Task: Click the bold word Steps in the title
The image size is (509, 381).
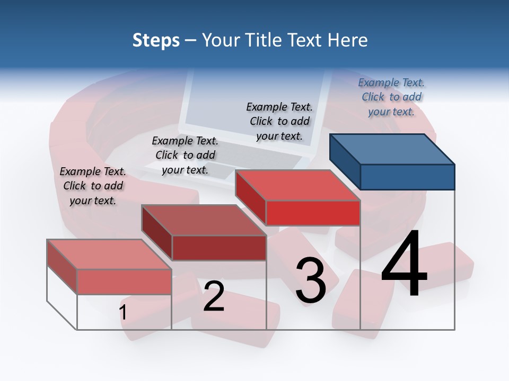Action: tap(156, 40)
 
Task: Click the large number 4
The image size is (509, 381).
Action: tap(405, 264)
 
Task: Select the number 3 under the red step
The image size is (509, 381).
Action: tap(311, 280)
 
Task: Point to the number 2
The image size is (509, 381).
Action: tap(214, 296)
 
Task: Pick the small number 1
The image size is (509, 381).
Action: tap(123, 313)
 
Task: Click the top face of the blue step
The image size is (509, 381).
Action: tap(392, 149)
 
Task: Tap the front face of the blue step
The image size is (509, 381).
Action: tap(407, 177)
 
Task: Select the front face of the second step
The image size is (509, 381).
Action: tap(219, 248)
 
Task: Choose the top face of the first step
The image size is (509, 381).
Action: tap(109, 254)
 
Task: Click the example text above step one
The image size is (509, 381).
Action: tap(93, 186)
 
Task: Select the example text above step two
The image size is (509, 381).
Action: tap(185, 155)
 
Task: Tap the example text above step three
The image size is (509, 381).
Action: tap(279, 121)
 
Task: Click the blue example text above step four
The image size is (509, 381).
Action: tap(391, 97)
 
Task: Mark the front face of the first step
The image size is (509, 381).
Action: tap(124, 282)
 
